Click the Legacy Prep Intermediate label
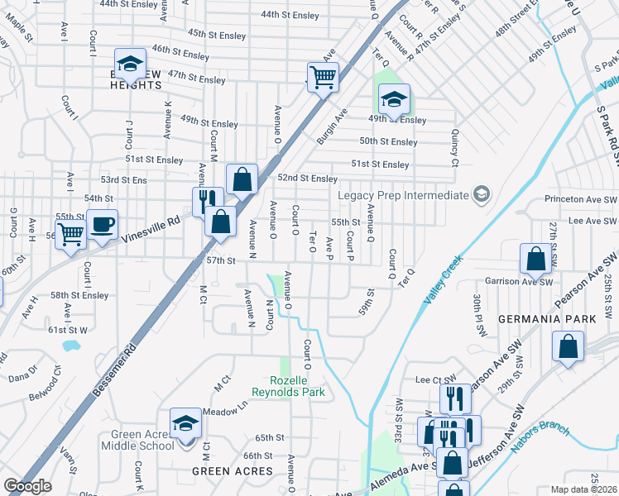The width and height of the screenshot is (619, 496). click(403, 195)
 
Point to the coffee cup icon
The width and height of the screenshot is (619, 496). click(103, 225)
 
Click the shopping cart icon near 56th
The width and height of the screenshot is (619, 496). click(71, 234)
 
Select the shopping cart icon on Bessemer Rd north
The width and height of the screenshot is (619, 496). click(322, 78)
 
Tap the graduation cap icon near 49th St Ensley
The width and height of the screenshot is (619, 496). click(394, 100)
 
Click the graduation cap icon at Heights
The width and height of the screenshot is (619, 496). click(130, 64)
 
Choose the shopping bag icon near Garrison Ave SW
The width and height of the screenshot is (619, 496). click(536, 259)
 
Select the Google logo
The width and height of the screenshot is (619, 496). click(27, 486)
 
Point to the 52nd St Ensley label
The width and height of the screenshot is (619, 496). click(307, 179)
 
